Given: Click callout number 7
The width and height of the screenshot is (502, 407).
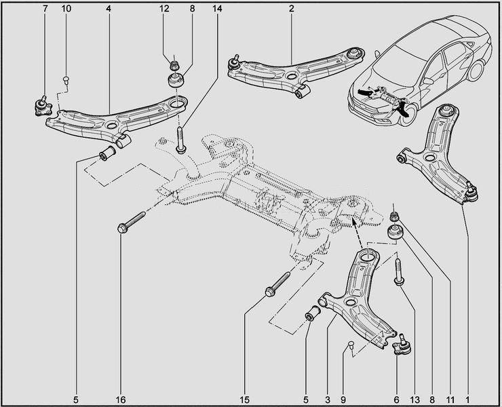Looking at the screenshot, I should pyautogui.click(x=45, y=9).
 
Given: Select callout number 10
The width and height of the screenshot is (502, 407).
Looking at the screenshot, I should pyautogui.click(x=66, y=9).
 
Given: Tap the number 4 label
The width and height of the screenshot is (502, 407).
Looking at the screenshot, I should pyautogui.click(x=109, y=9).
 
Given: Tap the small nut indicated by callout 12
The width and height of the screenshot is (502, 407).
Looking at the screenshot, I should pyautogui.click(x=173, y=65).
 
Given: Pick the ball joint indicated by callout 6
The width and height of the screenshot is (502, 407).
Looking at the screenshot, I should pyautogui.click(x=403, y=345).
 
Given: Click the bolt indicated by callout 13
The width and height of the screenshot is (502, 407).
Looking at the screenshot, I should pyautogui.click(x=398, y=271).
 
